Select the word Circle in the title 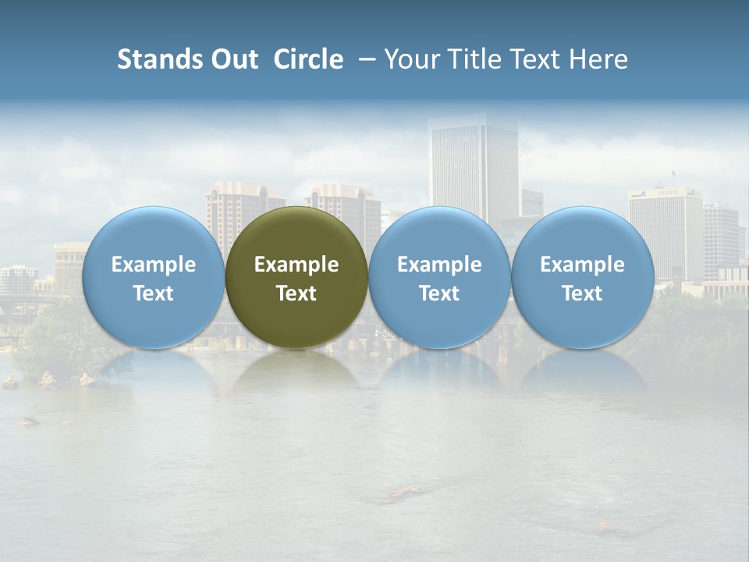[308, 59]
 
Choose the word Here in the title [597, 59]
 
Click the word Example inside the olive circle [296, 265]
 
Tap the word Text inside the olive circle [296, 293]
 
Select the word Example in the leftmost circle [153, 265]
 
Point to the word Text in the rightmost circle [582, 293]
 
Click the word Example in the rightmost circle [582, 265]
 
